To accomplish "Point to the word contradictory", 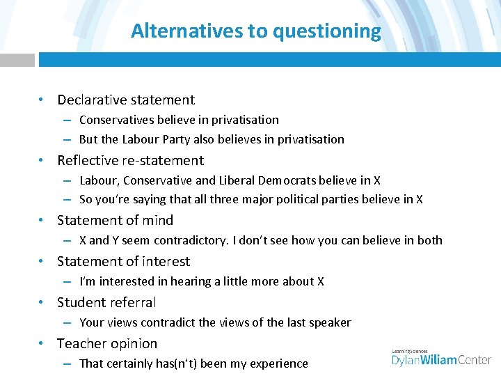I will coord(189,240).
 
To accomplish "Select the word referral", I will coord(132,302).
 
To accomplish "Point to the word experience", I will coord(279,363).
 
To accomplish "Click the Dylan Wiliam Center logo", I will coord(441,357).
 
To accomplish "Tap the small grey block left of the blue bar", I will coord(17,60).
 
